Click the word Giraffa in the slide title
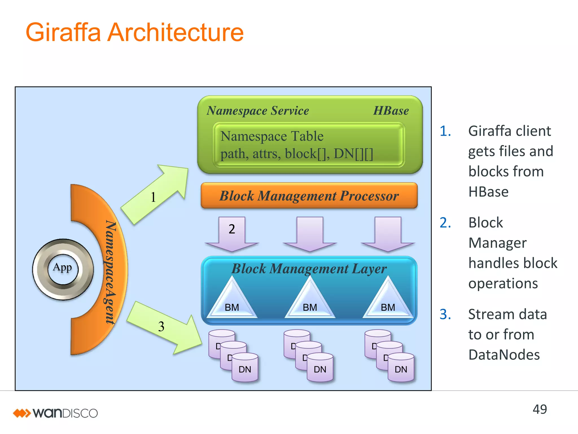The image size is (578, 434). tap(63, 32)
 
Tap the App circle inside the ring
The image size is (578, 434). tap(62, 268)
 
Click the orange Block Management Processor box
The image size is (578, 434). tap(309, 196)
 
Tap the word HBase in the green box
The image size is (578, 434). tap(391, 110)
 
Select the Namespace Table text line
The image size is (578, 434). tap(272, 136)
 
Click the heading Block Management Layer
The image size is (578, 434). tap(309, 268)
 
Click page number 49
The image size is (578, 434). tap(540, 409)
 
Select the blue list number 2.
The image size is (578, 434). tap(445, 223)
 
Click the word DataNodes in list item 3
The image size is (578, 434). tap(504, 355)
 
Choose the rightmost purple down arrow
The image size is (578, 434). tap(388, 233)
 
